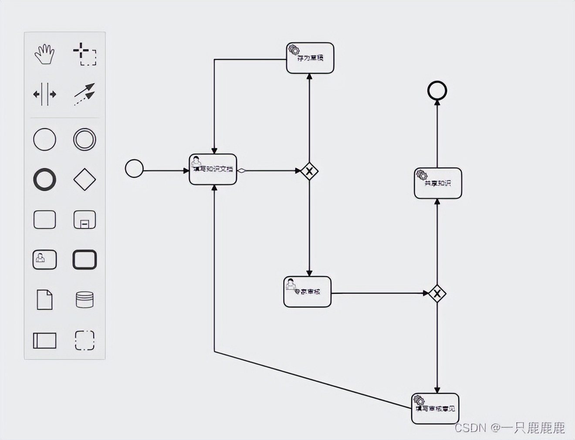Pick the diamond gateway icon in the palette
[x=85, y=179]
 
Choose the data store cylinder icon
[x=85, y=300]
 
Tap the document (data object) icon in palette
[x=44, y=300]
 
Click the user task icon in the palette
[x=44, y=260]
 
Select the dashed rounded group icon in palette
[x=85, y=340]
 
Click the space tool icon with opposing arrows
[x=44, y=94]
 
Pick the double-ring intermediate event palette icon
[x=85, y=139]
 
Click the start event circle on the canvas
[x=134, y=169]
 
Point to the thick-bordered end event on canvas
[x=437, y=91]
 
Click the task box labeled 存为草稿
[x=310, y=58]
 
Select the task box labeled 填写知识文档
[x=213, y=169]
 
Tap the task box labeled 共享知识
[x=438, y=183]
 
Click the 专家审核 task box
[x=308, y=292]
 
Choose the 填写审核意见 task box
[x=435, y=409]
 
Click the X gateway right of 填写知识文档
[x=309, y=171]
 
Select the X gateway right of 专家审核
[x=437, y=294]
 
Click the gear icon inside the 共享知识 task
[x=421, y=175]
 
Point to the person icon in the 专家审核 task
[x=291, y=284]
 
